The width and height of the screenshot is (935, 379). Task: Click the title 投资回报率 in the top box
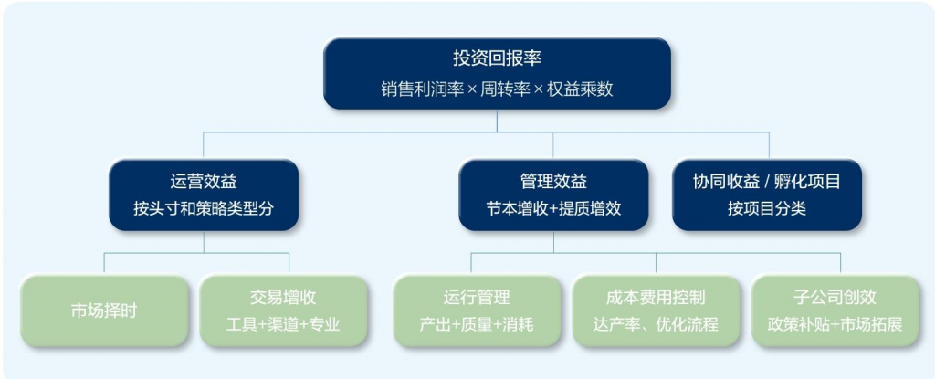coord(497,58)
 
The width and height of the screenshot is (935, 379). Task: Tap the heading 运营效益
coord(203,181)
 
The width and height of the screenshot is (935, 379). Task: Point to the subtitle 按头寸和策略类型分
coord(203,208)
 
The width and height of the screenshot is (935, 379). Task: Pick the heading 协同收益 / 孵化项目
coord(766,181)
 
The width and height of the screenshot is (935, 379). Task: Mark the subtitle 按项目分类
coord(766,208)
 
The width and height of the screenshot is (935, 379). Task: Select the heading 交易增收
coord(282,298)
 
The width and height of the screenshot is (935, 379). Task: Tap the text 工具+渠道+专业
coord(282,324)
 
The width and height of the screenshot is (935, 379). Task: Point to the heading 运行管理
coord(476,298)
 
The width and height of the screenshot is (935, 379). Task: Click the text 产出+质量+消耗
coord(476,324)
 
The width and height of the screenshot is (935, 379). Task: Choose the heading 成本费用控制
coord(655,298)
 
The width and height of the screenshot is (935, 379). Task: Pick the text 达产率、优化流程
coord(655,324)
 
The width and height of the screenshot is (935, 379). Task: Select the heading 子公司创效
coord(835,298)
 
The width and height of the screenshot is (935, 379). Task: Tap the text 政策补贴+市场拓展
coord(835,324)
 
